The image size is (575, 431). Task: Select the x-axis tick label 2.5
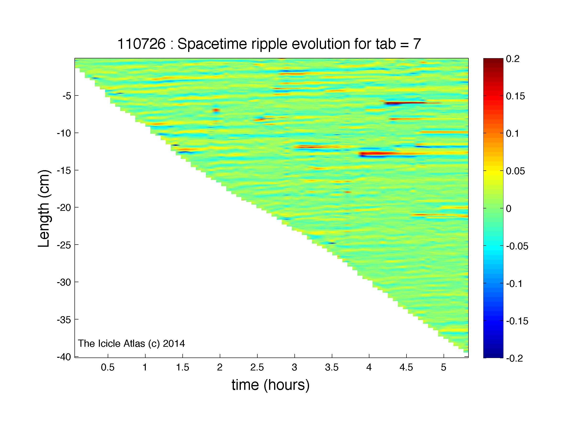coord(257,367)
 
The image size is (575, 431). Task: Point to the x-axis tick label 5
coord(444,367)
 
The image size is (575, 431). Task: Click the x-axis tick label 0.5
coord(108,367)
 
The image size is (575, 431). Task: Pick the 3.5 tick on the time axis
coord(332,367)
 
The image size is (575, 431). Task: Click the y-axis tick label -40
coord(64,357)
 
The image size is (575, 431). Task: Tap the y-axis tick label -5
coord(67,96)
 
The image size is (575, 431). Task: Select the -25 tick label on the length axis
coord(64,245)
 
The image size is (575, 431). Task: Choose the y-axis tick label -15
coord(64,170)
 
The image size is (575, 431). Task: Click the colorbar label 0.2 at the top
coord(513,59)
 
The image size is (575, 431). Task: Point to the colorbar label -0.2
coord(515,358)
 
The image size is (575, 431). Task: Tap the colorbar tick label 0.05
coord(515,171)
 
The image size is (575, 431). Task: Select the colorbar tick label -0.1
coord(515,283)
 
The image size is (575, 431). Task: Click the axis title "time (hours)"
coord(271,385)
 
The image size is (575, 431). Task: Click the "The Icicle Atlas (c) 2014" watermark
coord(131,343)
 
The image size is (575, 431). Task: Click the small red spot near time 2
coord(216,110)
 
